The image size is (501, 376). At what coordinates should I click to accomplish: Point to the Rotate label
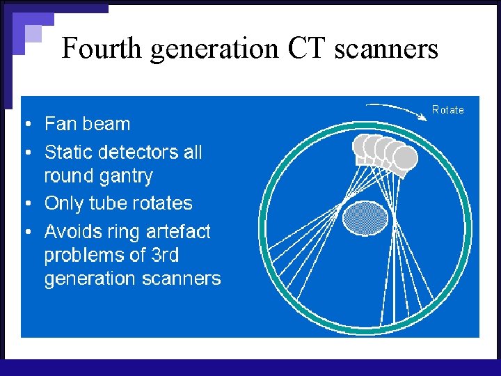pyautogui.click(x=447, y=109)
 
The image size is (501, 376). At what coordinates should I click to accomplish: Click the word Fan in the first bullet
pyautogui.click(x=60, y=125)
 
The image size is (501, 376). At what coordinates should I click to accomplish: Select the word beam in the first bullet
pyautogui.click(x=105, y=125)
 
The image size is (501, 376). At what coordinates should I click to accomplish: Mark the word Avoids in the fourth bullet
pyautogui.click(x=74, y=231)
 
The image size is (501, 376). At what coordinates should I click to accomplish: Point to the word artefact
pyautogui.click(x=178, y=231)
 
